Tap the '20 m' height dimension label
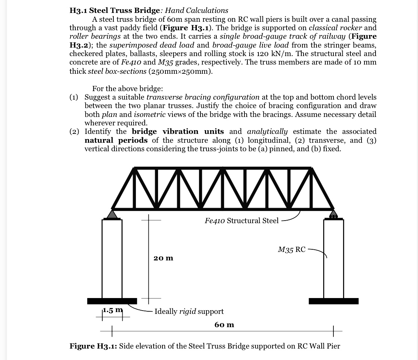pos(163,258)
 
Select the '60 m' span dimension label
pos(224,325)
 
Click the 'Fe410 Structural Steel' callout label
pos(241,221)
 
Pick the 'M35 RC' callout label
pos(291,250)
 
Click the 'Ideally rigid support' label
pos(189,311)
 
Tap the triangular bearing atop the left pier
pos(112,214)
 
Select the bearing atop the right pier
pos(333,214)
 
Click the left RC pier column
pos(112,258)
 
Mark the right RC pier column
pos(333,258)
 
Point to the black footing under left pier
pos(112,301)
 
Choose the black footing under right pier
pos(333,301)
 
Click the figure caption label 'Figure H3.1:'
pos(93,346)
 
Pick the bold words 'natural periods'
pos(116,140)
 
